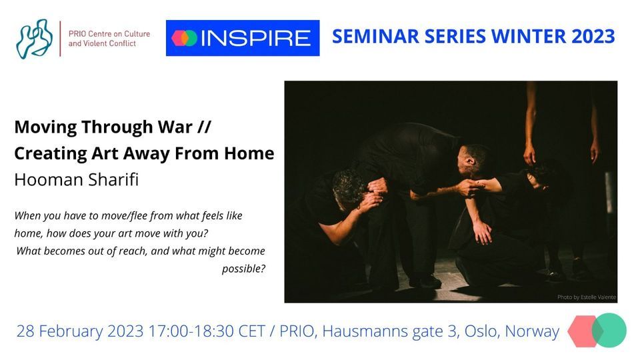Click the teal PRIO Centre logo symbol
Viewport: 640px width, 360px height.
click(35, 39)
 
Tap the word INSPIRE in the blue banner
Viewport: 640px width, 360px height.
click(256, 38)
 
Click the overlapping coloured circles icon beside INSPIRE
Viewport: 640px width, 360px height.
click(185, 38)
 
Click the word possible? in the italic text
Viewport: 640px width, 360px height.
click(243, 269)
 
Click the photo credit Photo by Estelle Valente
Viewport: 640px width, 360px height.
click(587, 297)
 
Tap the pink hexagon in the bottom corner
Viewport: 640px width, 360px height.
click(581, 331)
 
